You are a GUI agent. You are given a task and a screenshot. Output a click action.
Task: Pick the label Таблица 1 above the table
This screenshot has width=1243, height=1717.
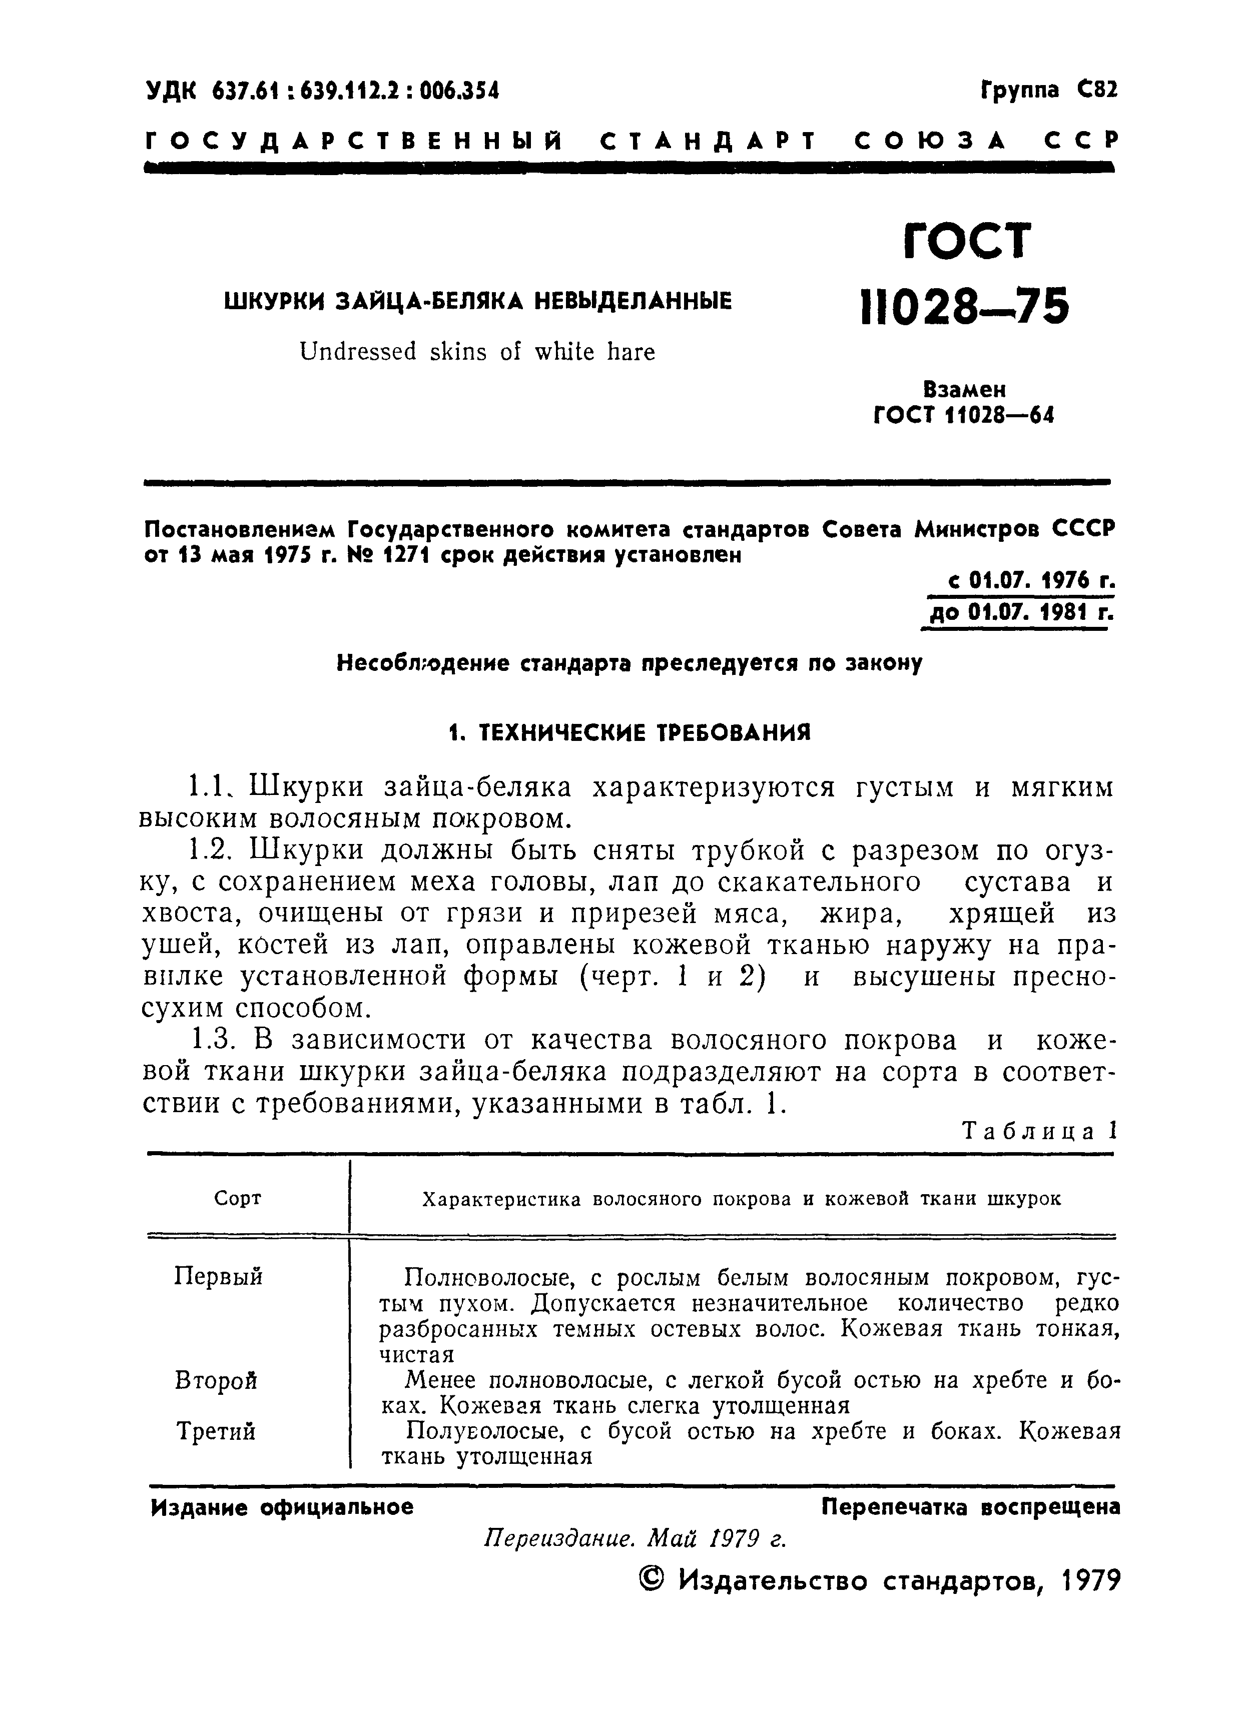pos(1039,1132)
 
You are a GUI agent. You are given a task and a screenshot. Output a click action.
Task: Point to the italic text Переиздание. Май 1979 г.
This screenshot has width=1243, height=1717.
pos(635,1538)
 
